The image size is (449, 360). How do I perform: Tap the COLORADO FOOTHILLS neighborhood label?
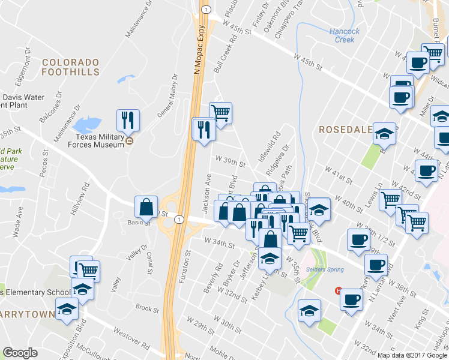coord(70,67)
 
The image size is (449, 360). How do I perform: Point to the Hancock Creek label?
coord(345,35)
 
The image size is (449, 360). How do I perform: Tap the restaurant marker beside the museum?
coord(127,120)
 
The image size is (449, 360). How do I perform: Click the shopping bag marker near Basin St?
coord(146,207)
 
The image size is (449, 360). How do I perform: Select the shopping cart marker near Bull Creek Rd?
coord(220,113)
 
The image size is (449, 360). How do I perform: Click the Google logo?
coord(20,353)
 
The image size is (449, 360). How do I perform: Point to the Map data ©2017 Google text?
coord(412,355)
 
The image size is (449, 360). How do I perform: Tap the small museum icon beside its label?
coord(130,142)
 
